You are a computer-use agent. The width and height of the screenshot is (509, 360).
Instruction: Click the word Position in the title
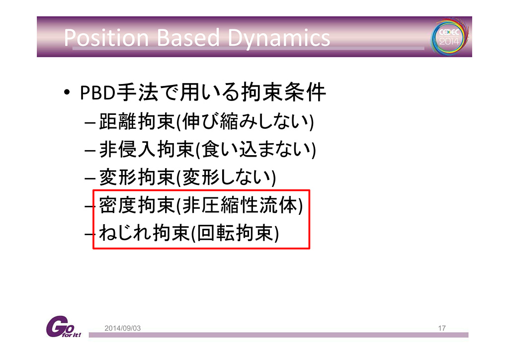click(106, 38)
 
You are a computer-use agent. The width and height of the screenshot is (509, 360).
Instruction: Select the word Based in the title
click(188, 38)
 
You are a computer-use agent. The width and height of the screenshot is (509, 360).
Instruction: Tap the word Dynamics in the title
click(279, 39)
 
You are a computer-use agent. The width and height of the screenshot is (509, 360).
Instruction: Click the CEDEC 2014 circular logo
click(449, 37)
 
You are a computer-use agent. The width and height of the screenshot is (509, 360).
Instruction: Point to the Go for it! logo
click(63, 327)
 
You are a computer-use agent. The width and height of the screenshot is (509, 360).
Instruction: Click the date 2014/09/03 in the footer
click(122, 328)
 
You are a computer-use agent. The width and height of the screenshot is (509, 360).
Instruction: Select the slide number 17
click(442, 328)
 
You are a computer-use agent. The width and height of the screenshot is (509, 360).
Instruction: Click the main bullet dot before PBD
click(67, 92)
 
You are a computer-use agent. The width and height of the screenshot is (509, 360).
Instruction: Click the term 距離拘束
click(137, 121)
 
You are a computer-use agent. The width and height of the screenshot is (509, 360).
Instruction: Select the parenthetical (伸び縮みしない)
click(245, 122)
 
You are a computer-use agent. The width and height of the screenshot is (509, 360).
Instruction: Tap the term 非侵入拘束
click(147, 150)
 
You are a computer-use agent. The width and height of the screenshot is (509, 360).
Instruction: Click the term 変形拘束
click(137, 177)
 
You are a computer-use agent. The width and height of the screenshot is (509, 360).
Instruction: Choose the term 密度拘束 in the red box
click(137, 205)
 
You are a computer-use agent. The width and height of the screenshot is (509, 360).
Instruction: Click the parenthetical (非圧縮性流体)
click(240, 205)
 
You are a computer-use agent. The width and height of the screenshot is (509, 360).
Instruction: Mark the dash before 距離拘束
click(89, 123)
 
